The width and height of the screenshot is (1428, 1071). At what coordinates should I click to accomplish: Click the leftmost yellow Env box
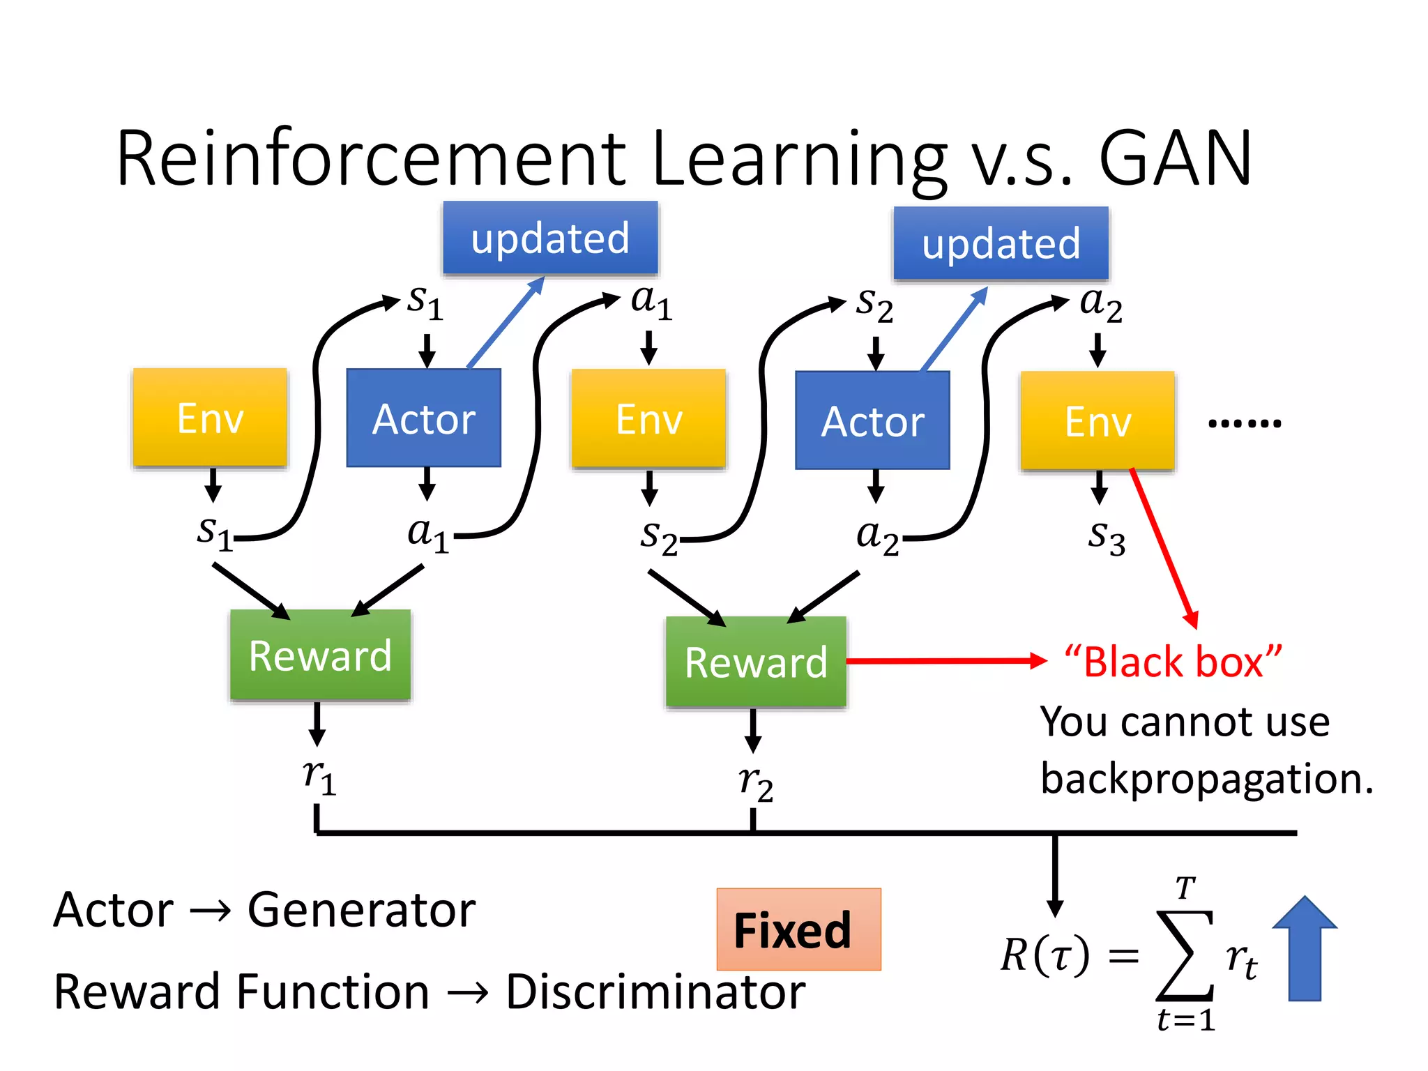[x=210, y=417]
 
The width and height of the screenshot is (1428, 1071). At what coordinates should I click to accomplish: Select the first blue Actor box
[x=424, y=418]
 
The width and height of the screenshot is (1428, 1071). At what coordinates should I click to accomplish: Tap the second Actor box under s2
[x=872, y=420]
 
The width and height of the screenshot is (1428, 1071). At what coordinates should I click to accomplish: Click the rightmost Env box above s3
[x=1097, y=420]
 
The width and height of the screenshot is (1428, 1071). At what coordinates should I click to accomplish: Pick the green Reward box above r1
[x=320, y=655]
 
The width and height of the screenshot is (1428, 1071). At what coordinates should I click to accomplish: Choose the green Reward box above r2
[x=756, y=662]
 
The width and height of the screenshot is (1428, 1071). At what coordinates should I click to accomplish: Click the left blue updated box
[x=550, y=238]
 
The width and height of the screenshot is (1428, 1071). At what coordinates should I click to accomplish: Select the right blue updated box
[x=1001, y=243]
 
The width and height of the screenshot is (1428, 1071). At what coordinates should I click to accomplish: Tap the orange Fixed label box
[x=798, y=929]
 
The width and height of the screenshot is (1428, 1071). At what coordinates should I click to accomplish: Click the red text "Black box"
[x=1173, y=662]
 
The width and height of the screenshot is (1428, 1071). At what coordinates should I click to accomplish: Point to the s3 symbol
[x=1107, y=538]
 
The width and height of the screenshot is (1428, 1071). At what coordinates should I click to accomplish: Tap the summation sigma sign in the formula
[x=1185, y=955]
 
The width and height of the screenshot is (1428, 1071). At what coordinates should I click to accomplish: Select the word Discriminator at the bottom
[x=655, y=992]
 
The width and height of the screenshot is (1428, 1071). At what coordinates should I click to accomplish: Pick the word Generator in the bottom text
[x=361, y=910]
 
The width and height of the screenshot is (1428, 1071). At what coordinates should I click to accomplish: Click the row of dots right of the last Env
[x=1244, y=423]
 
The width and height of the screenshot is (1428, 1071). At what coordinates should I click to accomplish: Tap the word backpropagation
[x=1206, y=779]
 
